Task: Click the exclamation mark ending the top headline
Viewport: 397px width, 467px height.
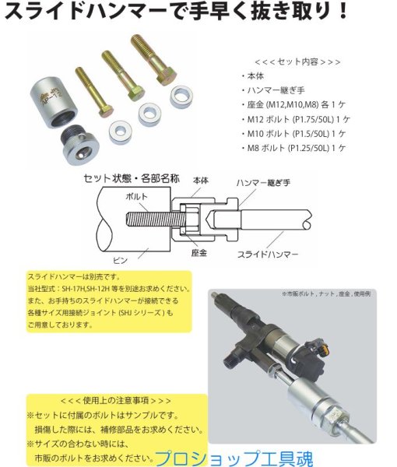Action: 381,13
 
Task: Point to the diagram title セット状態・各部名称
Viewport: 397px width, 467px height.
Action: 132,178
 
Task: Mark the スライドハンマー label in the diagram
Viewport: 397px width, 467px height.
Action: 267,254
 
